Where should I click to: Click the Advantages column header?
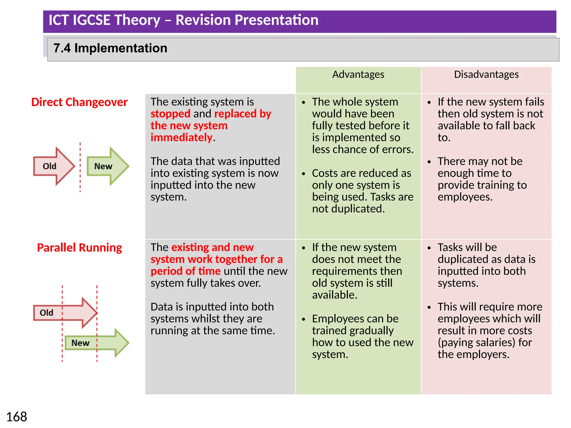(x=358, y=75)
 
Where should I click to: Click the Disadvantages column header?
(x=486, y=75)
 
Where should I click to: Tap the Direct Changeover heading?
(x=79, y=102)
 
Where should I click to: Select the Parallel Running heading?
(x=79, y=247)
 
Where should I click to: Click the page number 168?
(x=16, y=417)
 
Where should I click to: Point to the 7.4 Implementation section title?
(x=110, y=48)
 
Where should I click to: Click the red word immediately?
(x=182, y=138)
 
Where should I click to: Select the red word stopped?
(x=170, y=114)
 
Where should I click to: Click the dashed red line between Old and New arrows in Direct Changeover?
(x=80, y=167)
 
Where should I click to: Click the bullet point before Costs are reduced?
(x=304, y=174)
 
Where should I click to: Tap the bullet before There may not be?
(x=429, y=162)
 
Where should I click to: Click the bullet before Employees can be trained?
(x=304, y=319)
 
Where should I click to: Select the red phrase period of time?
(x=185, y=271)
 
